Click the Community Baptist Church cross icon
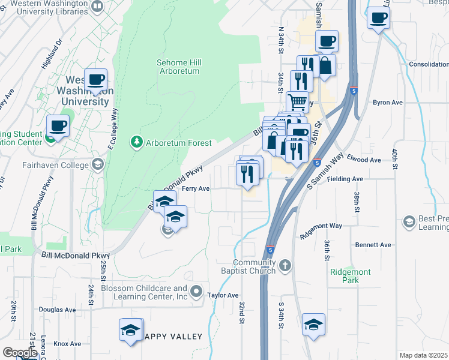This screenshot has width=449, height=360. tap(285, 265)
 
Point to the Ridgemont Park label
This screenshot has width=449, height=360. tap(350, 276)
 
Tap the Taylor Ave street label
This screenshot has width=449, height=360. tap(223, 295)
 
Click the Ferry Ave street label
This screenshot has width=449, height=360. tap(196, 188)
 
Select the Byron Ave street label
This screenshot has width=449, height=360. tap(387, 103)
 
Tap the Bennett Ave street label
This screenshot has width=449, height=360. tap(373, 245)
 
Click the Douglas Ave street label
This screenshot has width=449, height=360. tap(57, 310)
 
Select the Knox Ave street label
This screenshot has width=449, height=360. tap(67, 344)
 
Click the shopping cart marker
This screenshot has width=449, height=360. tap(297, 101)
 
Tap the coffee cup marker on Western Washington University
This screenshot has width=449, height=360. tap(95, 80)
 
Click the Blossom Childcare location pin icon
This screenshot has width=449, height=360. tap(196, 293)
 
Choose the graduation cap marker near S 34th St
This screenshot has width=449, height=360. tap(313, 325)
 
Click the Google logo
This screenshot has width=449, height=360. tap(20, 353)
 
